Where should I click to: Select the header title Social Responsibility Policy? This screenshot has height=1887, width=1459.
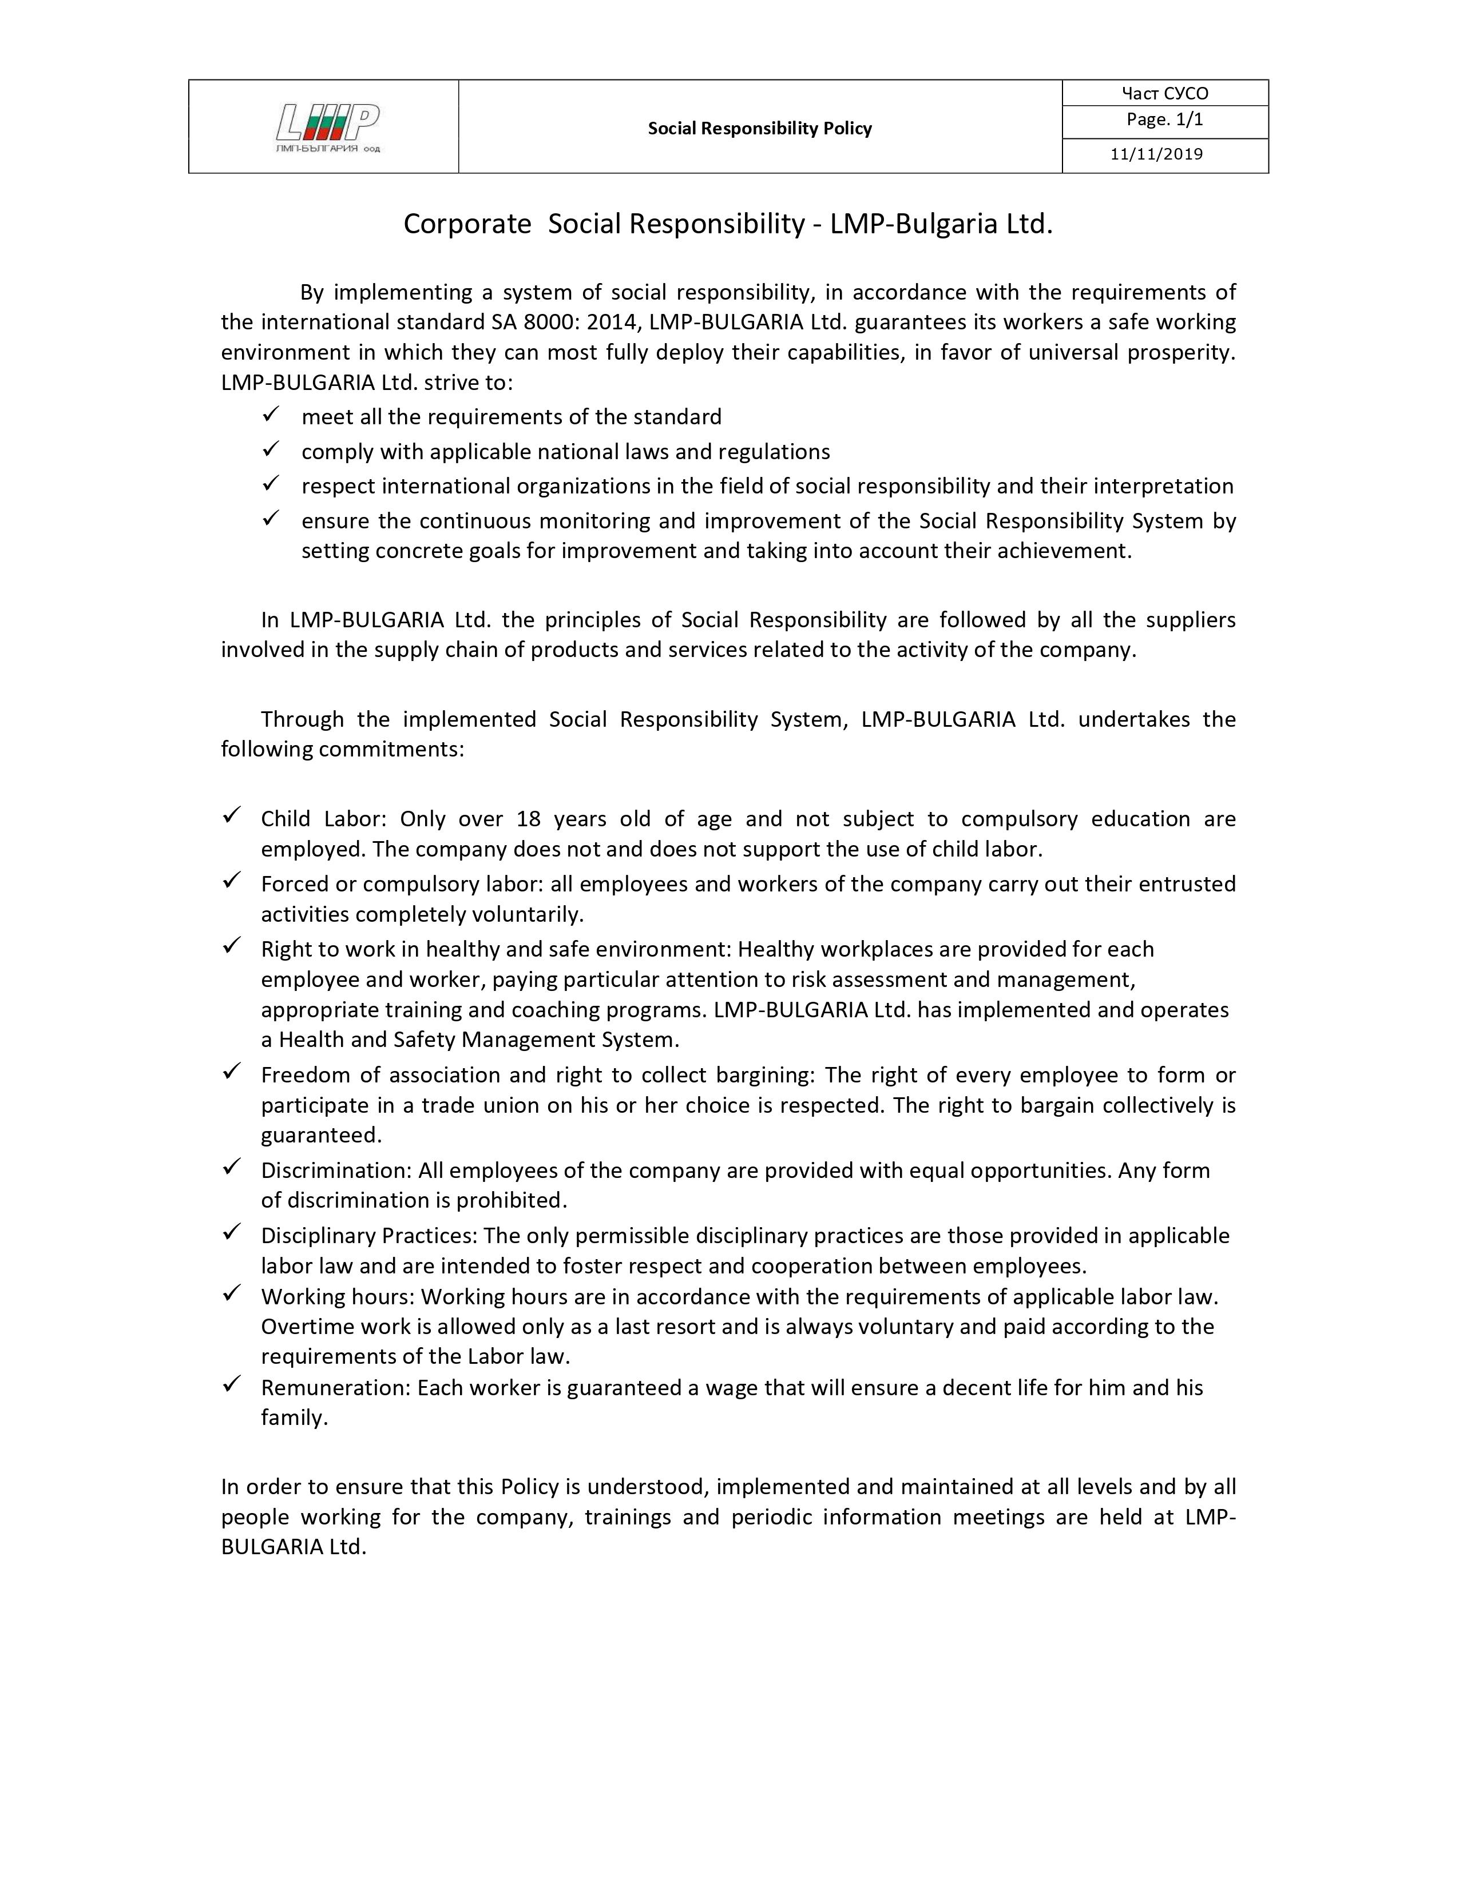point(760,129)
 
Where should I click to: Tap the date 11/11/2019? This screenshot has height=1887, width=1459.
point(1156,154)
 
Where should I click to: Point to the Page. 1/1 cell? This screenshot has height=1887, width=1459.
point(1164,120)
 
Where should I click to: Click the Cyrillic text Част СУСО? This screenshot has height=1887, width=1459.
point(1164,93)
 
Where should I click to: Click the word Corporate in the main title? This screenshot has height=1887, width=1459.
point(467,224)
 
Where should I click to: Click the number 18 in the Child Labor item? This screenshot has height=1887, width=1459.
point(528,819)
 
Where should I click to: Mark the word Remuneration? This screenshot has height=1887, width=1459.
point(335,1388)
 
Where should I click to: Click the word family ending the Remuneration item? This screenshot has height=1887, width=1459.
point(294,1418)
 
